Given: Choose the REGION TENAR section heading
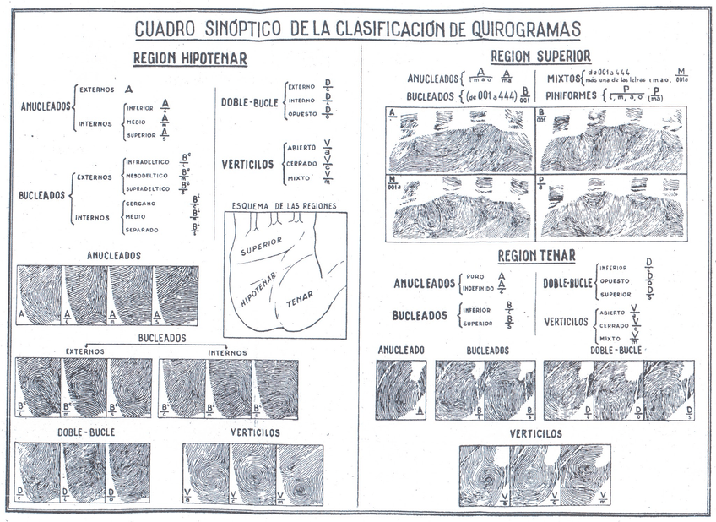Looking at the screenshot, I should click(536, 255).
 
